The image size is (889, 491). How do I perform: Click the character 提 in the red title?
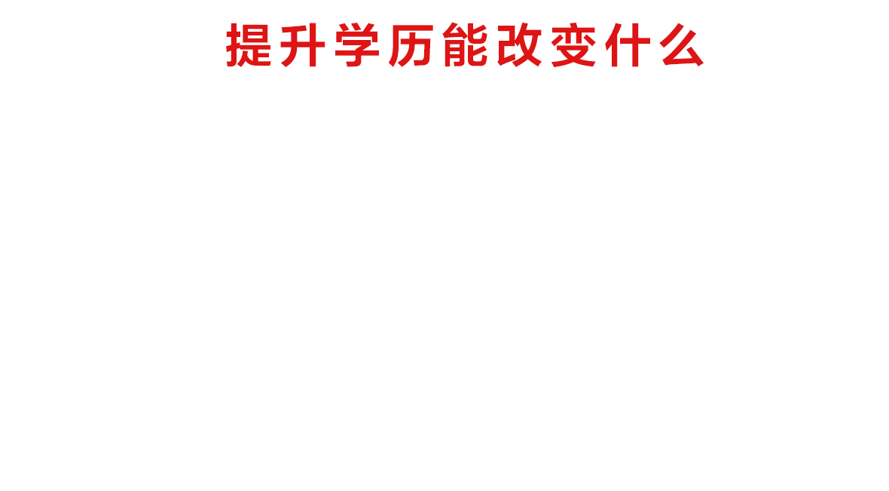coord(249,44)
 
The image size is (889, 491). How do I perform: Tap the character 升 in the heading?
coord(303,44)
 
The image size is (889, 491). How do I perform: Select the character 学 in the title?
coord(357,44)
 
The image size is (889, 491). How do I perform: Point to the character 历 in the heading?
coord(411,44)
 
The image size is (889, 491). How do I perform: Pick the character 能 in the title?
coord(465,44)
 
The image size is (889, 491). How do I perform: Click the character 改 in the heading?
coord(519,44)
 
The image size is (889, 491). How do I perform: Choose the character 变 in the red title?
coord(574,44)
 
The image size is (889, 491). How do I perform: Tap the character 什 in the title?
coord(628,44)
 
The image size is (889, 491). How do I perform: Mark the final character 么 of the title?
coord(682,44)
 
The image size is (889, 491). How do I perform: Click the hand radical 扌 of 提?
coord(233,44)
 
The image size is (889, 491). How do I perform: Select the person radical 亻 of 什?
coord(611,44)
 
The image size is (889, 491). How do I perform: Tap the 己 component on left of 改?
coord(506,44)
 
